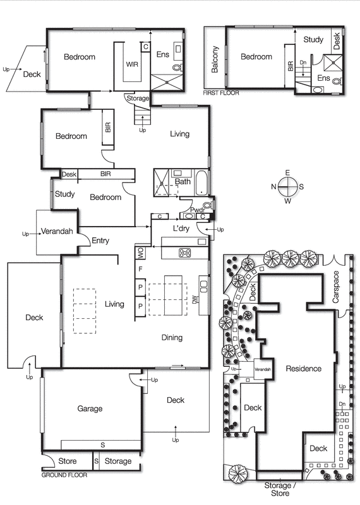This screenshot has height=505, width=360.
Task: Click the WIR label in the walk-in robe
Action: point(132,64)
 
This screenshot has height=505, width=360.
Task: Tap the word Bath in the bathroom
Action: point(183,182)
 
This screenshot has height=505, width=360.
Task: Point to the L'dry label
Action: point(181,229)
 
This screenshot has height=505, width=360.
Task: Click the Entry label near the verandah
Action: point(100,241)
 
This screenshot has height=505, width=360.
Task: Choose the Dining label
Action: point(172,338)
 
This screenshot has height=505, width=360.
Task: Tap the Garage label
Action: point(90,408)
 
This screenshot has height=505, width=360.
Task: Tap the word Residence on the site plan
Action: point(303,369)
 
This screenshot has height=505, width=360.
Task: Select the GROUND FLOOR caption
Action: point(64,475)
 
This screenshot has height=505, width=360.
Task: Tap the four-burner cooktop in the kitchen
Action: point(186,252)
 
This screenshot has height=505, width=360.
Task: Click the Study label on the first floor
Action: point(313,40)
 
